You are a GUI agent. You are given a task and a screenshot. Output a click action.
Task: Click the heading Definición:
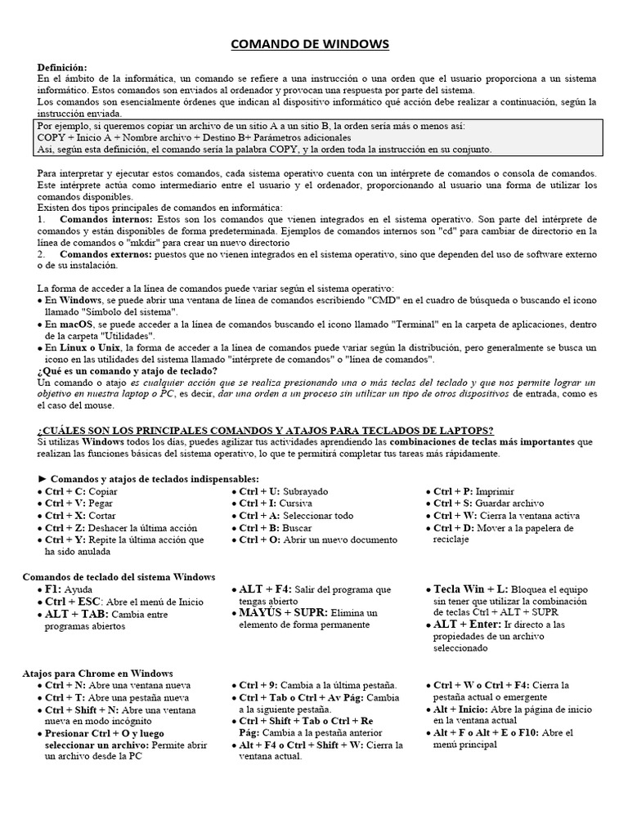coord(62,66)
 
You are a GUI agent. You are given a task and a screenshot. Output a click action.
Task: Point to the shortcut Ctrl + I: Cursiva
coord(276,504)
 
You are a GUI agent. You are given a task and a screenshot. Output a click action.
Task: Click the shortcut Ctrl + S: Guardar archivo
coord(483,504)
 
